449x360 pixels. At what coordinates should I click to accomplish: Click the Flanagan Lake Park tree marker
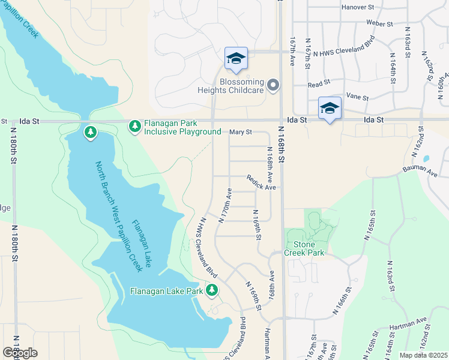click(211, 291)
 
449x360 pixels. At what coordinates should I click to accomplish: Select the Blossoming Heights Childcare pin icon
click(274, 86)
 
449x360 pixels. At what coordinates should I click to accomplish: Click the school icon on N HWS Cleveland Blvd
click(237, 59)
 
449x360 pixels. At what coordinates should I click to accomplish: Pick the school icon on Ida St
click(330, 108)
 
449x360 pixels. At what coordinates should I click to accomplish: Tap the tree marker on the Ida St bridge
click(91, 131)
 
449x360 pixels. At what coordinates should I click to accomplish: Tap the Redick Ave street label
click(261, 183)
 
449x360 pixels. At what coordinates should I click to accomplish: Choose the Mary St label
click(241, 132)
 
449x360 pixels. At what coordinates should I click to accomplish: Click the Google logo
click(20, 352)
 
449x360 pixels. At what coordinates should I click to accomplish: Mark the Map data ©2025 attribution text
click(424, 355)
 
